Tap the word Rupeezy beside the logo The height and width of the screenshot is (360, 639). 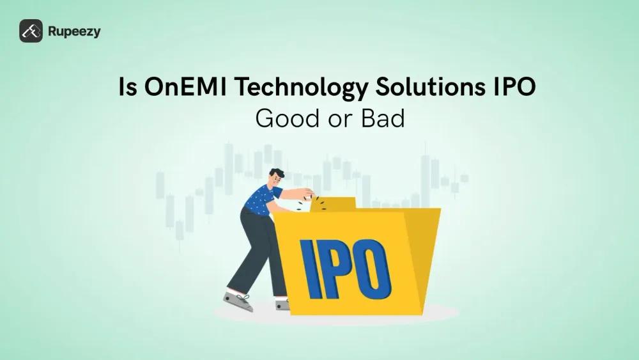tap(73, 31)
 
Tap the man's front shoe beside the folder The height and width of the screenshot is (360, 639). tap(282, 304)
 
